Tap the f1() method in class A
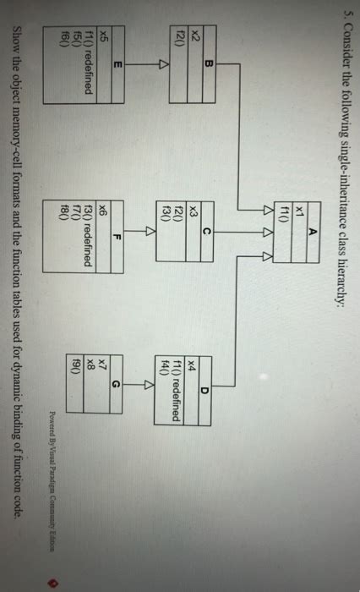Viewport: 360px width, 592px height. tap(273, 198)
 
